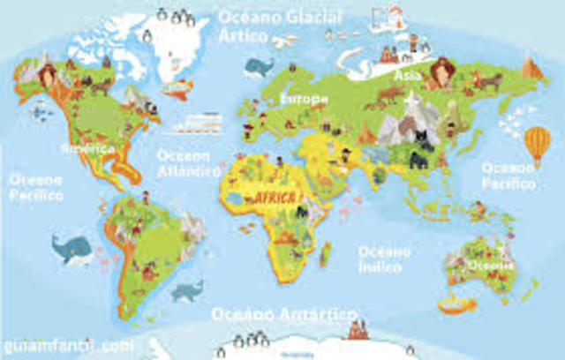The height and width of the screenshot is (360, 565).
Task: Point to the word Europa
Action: [x=303, y=99]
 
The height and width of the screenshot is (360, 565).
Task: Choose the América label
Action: [x=88, y=148]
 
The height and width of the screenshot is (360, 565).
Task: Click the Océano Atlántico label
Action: [x=188, y=162]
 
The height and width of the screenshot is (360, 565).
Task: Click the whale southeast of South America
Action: [x=187, y=289]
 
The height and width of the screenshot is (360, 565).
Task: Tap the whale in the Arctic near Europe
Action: [x=260, y=67]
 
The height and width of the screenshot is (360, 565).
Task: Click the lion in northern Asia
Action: [x=442, y=69]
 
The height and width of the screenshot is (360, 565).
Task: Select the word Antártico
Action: [x=313, y=315]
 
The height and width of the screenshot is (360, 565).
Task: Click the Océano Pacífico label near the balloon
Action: [x=508, y=176]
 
